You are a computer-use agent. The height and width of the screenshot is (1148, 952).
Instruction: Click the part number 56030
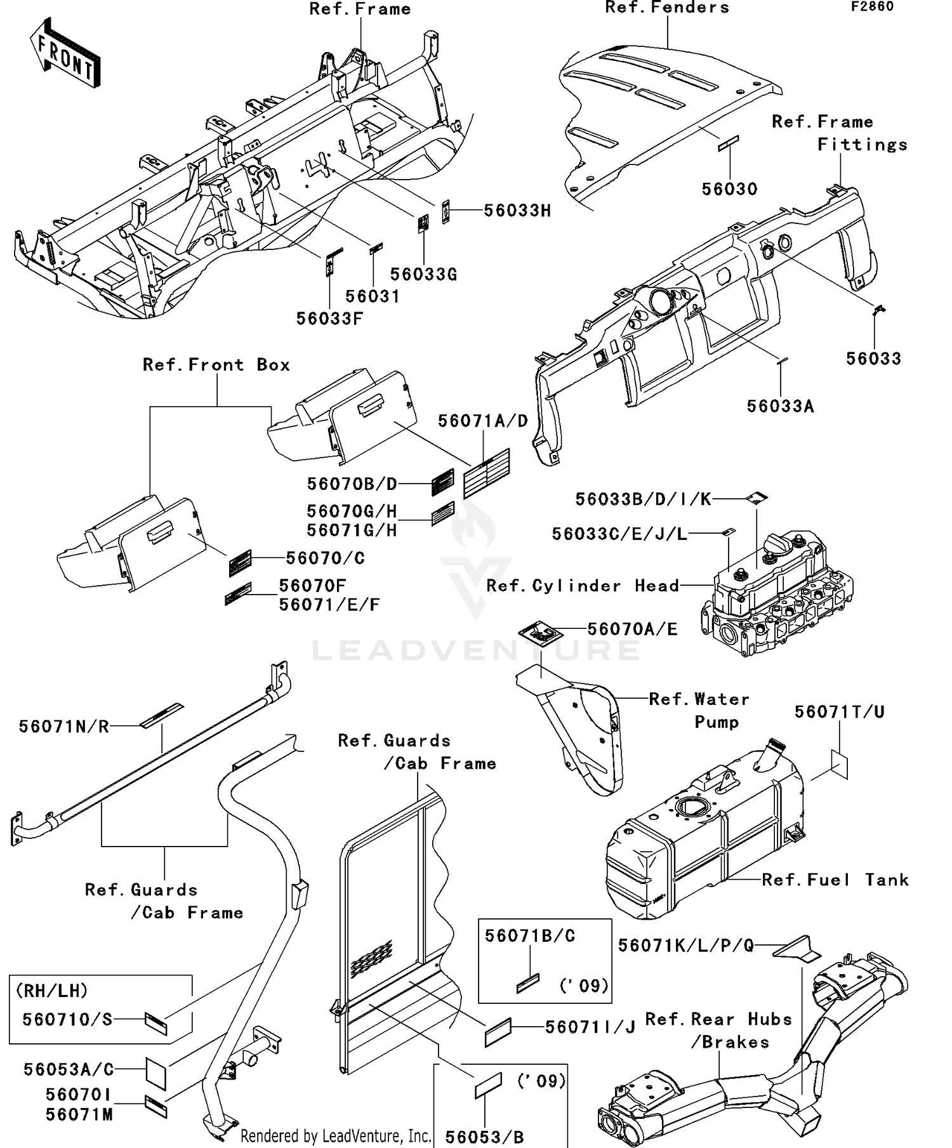tap(729, 189)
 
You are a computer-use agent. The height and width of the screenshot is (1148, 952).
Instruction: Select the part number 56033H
tap(517, 211)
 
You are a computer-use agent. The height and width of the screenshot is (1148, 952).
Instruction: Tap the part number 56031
tap(373, 296)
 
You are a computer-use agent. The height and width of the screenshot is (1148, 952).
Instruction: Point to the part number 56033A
tap(780, 406)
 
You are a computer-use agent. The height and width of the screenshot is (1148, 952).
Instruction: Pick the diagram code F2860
tap(873, 6)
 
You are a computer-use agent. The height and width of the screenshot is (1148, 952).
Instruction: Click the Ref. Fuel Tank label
tap(835, 880)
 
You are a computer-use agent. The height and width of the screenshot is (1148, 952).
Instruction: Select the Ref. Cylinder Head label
tap(583, 586)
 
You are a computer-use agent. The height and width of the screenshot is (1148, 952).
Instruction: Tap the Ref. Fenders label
tap(667, 8)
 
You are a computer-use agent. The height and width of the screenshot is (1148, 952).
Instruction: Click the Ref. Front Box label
tap(216, 365)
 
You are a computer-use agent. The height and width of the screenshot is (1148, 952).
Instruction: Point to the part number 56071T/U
tap(839, 712)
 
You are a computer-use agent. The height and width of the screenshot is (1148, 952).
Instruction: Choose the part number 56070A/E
tap(632, 629)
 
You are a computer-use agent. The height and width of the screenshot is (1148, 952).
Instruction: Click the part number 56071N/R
tap(64, 727)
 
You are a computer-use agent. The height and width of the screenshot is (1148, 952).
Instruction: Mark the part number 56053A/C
tap(69, 1069)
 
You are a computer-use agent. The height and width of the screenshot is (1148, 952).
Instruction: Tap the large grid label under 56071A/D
tap(487, 473)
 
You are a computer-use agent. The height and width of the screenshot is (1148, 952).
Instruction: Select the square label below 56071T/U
tap(839, 764)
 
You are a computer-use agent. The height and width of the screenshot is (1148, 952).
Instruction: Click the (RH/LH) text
tap(52, 991)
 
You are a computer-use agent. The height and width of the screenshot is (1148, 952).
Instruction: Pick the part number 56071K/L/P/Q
tap(686, 946)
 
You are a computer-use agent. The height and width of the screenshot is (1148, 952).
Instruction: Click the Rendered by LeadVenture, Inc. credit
tap(336, 1135)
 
